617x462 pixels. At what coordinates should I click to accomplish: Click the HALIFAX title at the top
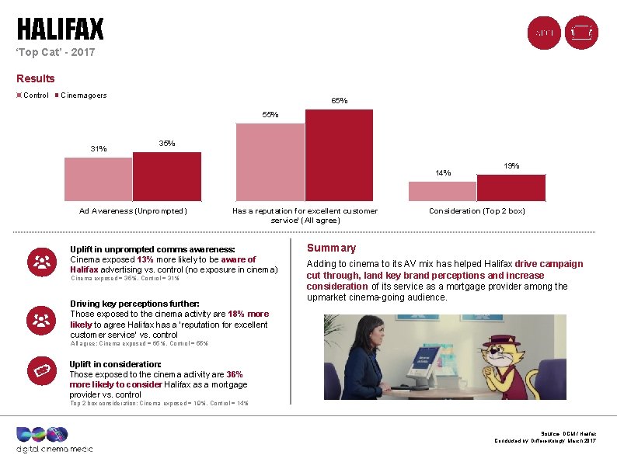click(61, 30)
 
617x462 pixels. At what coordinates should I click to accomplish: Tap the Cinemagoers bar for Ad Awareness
click(167, 177)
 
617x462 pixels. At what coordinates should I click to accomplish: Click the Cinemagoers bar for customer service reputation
click(339, 156)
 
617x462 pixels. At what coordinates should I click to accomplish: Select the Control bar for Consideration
click(442, 192)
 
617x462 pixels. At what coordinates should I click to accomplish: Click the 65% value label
click(340, 101)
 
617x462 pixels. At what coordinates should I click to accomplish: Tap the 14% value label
click(443, 173)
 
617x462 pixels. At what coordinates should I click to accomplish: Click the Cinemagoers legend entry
click(84, 96)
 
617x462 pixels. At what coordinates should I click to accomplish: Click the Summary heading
click(331, 248)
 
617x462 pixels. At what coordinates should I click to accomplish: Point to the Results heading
click(36, 78)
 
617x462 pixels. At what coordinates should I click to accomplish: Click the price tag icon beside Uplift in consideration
click(41, 372)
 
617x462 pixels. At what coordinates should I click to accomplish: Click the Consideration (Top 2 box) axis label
click(477, 210)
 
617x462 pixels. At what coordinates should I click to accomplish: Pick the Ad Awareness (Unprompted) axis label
click(133, 210)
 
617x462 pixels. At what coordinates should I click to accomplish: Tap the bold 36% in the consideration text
click(234, 374)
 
